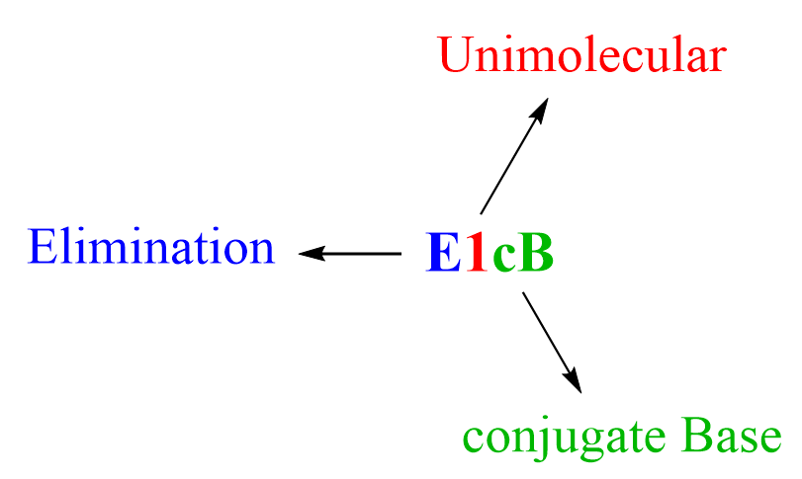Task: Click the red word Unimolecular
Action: pos(581,57)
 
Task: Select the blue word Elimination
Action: pos(152,247)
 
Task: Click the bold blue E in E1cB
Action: pos(444,254)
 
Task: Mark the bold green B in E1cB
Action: pos(536,254)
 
